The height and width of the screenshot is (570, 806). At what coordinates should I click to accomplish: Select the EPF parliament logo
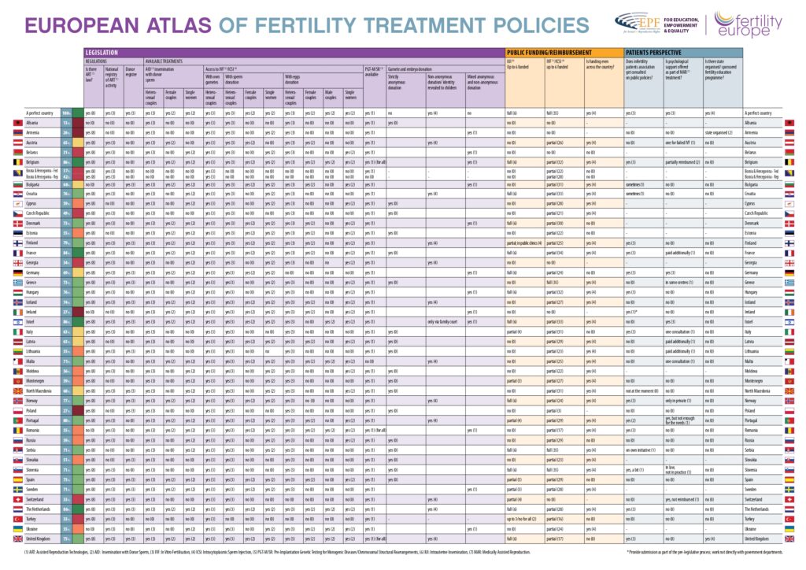tap(634, 22)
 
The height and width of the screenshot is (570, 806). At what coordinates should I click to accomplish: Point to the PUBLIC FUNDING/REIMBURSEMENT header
tap(542, 51)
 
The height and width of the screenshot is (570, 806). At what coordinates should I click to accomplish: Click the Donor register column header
tap(132, 72)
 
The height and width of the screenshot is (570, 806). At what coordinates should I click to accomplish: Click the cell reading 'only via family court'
tap(444, 321)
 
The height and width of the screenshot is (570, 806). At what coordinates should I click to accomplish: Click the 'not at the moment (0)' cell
tap(641, 390)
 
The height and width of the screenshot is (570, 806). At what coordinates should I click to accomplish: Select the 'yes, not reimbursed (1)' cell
tap(684, 499)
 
